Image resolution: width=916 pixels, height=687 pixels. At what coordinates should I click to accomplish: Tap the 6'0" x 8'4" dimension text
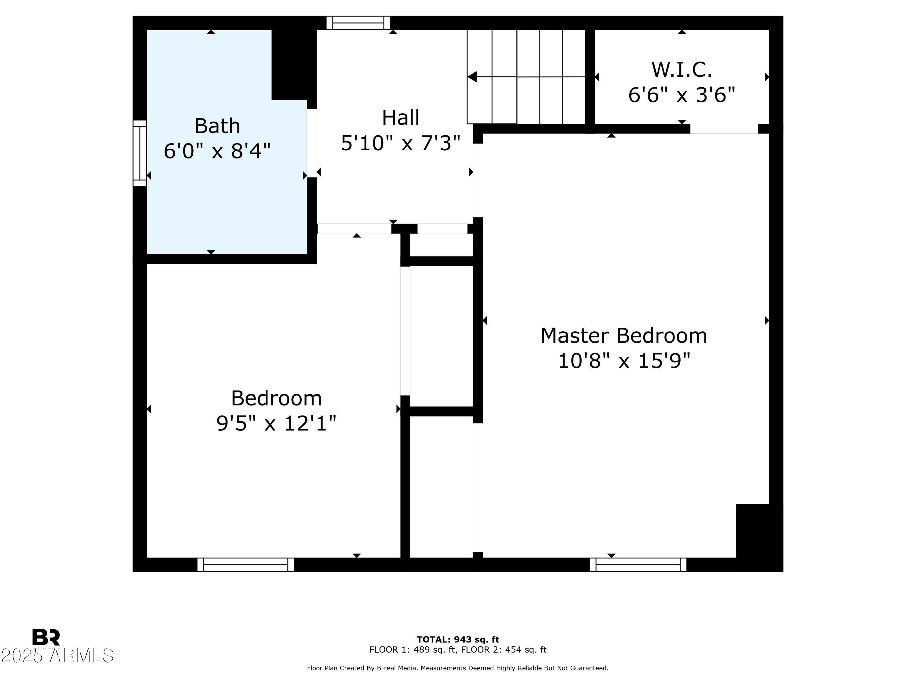[x=217, y=151]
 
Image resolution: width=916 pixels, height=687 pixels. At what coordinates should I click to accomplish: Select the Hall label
[x=400, y=118]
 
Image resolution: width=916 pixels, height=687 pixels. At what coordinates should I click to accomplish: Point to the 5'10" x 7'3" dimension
[x=400, y=143]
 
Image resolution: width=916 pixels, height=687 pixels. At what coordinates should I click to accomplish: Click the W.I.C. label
[x=682, y=70]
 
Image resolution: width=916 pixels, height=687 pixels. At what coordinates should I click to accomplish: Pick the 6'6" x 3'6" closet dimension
[x=682, y=95]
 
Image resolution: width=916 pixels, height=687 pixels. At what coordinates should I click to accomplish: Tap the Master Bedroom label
[x=623, y=336]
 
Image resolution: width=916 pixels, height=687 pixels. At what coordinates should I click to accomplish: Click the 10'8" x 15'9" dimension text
[x=623, y=361]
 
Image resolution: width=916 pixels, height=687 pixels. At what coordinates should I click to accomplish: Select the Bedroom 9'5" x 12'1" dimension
[x=276, y=423]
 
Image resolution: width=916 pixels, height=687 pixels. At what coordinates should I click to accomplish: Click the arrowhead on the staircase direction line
[x=472, y=77]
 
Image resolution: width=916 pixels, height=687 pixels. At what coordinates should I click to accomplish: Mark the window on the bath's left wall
[x=140, y=153]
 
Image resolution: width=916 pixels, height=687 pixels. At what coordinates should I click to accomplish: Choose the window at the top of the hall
[x=358, y=23]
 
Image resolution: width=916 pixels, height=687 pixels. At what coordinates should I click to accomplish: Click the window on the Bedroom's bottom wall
[x=245, y=565]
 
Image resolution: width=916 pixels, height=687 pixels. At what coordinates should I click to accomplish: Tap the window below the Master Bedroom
[x=638, y=565]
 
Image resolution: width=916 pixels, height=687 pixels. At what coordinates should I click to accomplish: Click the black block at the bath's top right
[x=293, y=64]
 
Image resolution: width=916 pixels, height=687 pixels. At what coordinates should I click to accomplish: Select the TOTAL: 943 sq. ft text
[x=458, y=640]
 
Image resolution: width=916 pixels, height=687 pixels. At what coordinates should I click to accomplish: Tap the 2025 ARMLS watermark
[x=57, y=656]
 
